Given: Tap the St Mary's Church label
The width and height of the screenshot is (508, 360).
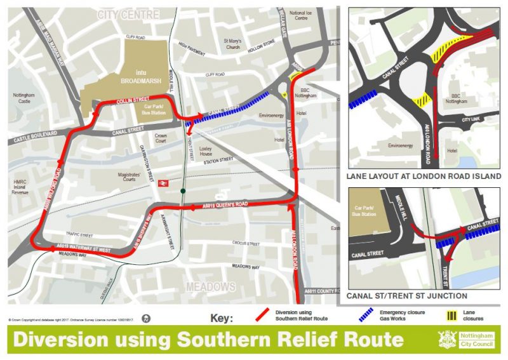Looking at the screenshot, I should pos(232,44).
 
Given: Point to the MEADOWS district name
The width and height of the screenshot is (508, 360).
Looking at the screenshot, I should pos(210,287).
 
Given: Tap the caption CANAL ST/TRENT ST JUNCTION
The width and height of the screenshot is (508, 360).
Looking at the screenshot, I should pos(407,296).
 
